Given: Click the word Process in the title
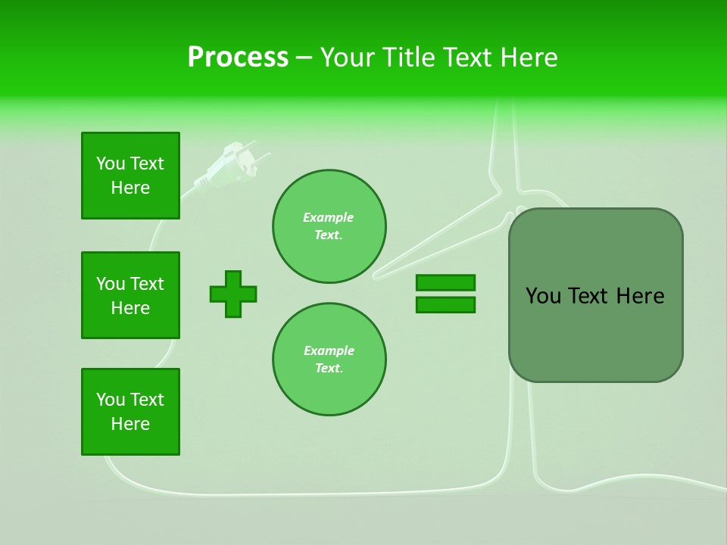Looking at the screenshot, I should [x=238, y=57].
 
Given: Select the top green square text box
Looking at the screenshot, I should [x=130, y=176].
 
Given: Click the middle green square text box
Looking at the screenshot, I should [x=130, y=295].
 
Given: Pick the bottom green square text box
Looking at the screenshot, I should [x=130, y=412].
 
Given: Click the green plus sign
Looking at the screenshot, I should [x=233, y=294].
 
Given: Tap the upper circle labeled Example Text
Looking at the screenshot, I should [x=329, y=226].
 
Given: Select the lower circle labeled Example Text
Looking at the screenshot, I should [x=329, y=360].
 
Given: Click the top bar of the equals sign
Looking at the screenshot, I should [x=445, y=282].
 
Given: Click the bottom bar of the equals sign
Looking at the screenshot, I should [x=445, y=305].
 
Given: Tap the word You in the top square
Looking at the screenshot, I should [x=111, y=163].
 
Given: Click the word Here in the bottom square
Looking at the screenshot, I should [x=130, y=424].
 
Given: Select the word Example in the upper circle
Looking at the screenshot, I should [x=329, y=217].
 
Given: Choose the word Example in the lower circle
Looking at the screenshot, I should [x=329, y=350].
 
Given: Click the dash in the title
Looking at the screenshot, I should [x=304, y=58].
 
